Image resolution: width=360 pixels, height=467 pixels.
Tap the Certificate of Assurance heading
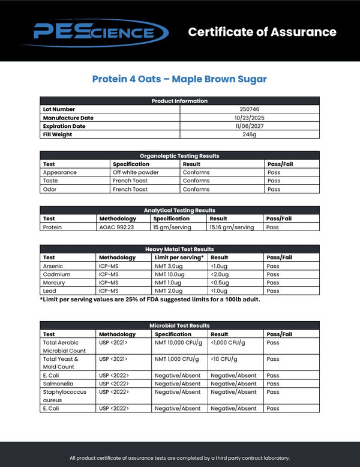tap(262, 32)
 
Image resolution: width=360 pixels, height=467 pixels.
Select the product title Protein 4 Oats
tap(179, 79)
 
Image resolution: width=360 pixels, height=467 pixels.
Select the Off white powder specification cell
tap(136, 172)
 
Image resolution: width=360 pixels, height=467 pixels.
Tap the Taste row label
tap(52, 181)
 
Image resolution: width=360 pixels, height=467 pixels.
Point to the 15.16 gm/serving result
tap(232, 227)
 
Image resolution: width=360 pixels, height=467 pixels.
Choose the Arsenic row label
tap(53, 266)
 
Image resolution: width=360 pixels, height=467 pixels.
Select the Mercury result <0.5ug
tap(220, 283)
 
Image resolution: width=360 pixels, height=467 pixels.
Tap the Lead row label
tap(50, 291)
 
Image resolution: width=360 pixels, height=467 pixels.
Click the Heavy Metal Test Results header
tap(179, 249)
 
